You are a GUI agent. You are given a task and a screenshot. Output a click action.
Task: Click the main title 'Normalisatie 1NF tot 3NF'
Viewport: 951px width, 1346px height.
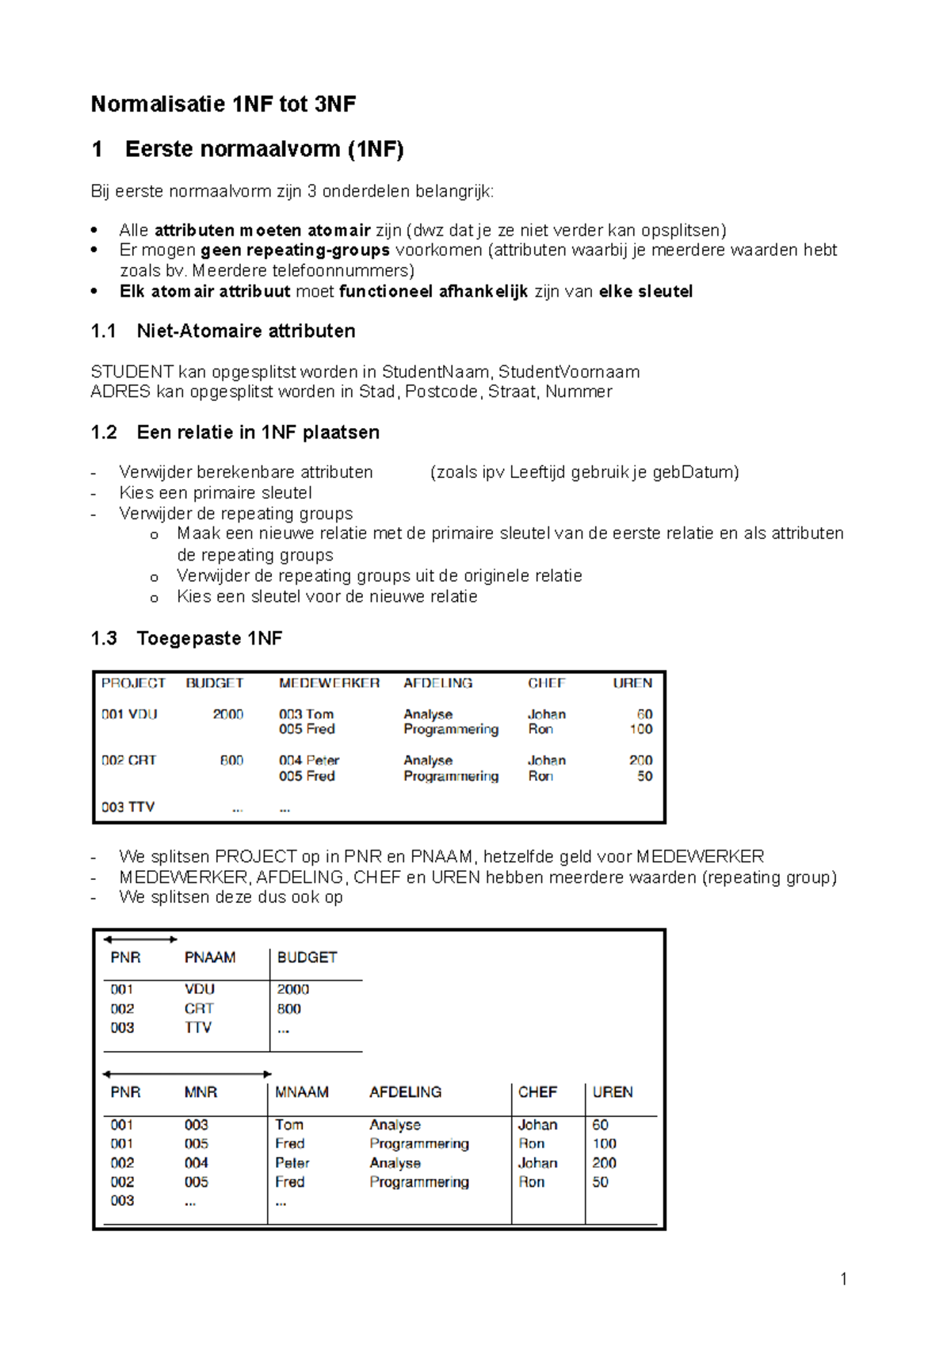point(223,104)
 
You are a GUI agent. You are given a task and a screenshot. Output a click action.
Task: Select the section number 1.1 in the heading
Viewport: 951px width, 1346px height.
point(103,331)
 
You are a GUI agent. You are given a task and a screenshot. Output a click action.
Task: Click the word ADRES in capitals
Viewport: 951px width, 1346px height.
point(120,392)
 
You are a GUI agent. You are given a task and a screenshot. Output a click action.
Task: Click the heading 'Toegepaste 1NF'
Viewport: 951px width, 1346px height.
point(209,638)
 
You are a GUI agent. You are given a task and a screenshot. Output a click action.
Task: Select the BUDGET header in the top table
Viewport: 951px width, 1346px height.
point(214,683)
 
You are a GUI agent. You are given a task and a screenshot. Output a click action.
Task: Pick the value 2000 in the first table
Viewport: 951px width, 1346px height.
point(227,714)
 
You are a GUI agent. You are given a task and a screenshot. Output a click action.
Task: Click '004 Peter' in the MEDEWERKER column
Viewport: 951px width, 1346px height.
point(308,760)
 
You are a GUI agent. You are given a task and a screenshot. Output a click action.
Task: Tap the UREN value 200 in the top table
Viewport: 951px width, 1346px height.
point(640,760)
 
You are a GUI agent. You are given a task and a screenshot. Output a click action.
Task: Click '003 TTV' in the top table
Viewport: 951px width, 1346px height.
point(128,807)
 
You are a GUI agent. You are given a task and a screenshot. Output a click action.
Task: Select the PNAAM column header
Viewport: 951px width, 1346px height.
point(209,958)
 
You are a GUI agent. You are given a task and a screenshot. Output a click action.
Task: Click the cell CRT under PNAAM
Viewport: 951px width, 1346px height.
point(199,1008)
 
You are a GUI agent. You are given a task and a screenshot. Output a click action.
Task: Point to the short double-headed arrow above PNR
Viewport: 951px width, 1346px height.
point(140,939)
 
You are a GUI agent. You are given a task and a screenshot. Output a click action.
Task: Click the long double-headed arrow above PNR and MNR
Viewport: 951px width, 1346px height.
point(187,1074)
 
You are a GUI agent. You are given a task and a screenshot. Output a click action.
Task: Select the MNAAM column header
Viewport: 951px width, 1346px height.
point(301,1092)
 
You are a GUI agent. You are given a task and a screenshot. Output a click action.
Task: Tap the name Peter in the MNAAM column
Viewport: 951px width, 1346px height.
point(292,1163)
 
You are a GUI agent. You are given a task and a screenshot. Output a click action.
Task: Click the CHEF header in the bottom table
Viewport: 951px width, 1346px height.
point(537,1092)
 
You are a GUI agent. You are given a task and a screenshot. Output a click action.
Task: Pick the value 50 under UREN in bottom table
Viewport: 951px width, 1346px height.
point(600,1182)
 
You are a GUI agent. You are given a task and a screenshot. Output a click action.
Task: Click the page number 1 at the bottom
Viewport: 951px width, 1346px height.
point(843,1279)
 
